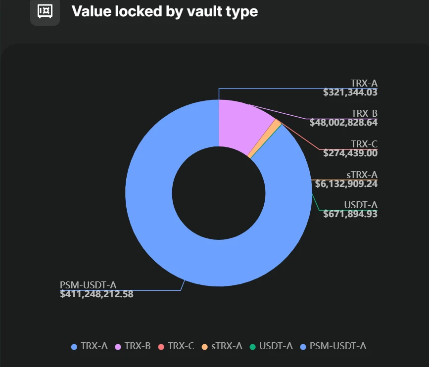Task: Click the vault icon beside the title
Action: pyautogui.click(x=45, y=11)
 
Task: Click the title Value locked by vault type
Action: pyautogui.click(x=164, y=11)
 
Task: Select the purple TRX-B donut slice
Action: pyautogui.click(x=241, y=126)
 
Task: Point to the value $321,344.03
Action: pyautogui.click(x=350, y=92)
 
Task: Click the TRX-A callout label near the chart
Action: pyautogui.click(x=364, y=83)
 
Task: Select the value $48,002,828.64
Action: pyautogui.click(x=343, y=123)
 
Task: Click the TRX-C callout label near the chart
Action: pyautogui.click(x=364, y=144)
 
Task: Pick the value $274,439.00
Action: pyautogui.click(x=350, y=153)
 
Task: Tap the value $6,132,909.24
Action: pyautogui.click(x=346, y=184)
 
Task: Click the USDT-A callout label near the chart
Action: pyautogui.click(x=361, y=205)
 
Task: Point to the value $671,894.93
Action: pyautogui.click(x=350, y=214)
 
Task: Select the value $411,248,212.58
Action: pyautogui.click(x=96, y=294)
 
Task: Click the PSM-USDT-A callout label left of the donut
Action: pyautogui.click(x=88, y=285)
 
